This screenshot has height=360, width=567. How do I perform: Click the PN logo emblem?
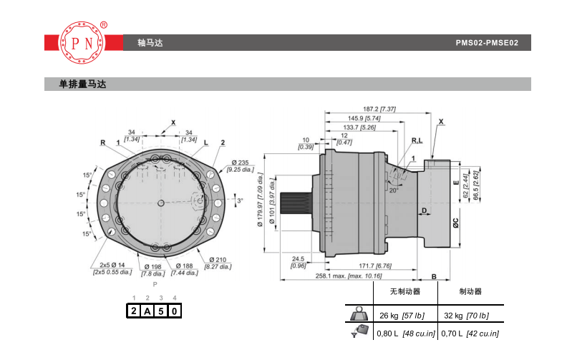[x=83, y=43]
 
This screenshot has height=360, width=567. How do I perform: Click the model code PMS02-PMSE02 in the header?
[x=487, y=43]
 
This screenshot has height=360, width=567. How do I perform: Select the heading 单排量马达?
[x=82, y=84]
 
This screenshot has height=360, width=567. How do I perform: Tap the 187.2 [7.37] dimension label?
[x=379, y=109]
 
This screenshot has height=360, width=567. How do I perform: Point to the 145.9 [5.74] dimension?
[x=364, y=118]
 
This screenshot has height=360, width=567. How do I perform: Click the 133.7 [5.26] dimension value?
[x=359, y=127]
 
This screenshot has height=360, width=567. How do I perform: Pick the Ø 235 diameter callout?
[x=241, y=166]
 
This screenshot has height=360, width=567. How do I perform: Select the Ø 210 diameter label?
[x=218, y=263]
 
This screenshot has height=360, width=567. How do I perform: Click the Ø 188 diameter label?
[x=185, y=269]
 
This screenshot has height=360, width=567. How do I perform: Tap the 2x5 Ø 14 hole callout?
[x=112, y=268]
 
